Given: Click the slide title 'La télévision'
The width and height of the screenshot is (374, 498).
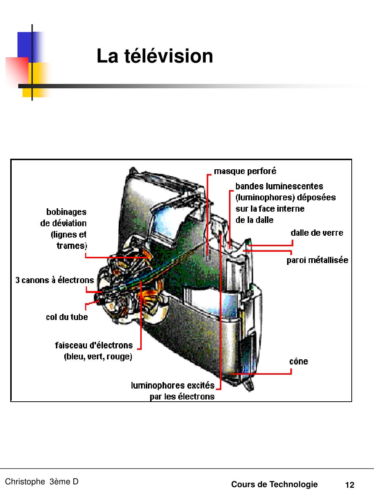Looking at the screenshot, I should coord(154,57).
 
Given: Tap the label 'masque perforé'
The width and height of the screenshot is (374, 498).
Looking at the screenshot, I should coord(245,171).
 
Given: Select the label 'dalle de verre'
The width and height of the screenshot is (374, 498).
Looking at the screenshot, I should coord(317,233).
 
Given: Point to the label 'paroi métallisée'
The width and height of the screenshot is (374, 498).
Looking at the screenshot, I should coord(317,260).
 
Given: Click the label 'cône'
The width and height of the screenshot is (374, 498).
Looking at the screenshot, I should coord(298,361).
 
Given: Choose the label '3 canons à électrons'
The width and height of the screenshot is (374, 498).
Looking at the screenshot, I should coord(54,280).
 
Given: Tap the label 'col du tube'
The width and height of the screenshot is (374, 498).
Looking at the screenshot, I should coord(67,317).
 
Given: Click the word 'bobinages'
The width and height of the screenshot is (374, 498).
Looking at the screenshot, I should coord(66,212).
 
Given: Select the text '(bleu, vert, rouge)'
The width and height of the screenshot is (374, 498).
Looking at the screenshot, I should coord(98,356).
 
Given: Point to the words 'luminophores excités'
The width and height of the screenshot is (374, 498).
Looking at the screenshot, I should coord(173,385).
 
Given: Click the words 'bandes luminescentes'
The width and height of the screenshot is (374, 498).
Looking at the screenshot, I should coord(279,186).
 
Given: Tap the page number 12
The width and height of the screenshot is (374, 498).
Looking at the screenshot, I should coord(350,485).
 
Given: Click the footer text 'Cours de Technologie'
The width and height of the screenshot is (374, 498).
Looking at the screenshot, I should coord(274,485).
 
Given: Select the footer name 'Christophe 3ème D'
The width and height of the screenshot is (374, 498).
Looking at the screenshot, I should coord(42,482).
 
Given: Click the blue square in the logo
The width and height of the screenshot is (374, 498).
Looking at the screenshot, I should coord(26,44).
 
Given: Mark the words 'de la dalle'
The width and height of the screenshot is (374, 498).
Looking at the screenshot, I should coord(254,220).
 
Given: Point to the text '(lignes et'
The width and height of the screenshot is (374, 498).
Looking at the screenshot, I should coord(68,235).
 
